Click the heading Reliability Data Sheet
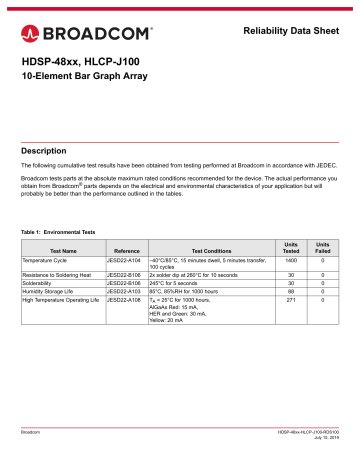[292, 37]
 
